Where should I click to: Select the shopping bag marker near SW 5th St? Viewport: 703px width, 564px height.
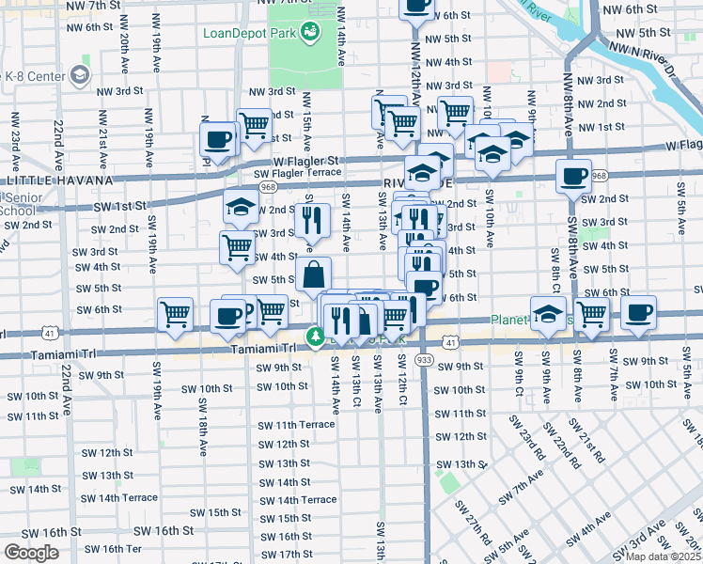click(x=314, y=276)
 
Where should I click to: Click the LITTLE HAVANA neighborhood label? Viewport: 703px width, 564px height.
click(x=58, y=180)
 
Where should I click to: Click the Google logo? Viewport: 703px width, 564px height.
click(x=30, y=553)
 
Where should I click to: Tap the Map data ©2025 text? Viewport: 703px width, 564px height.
click(x=662, y=556)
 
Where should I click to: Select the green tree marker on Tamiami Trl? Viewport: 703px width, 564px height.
click(x=317, y=337)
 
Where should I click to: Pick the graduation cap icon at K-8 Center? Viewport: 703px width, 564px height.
click(x=80, y=74)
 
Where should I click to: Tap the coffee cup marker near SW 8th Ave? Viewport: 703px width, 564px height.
click(x=573, y=176)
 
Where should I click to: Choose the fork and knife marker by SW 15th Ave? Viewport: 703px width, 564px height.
click(x=312, y=222)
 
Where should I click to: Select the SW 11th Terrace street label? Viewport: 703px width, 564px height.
click(x=295, y=425)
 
